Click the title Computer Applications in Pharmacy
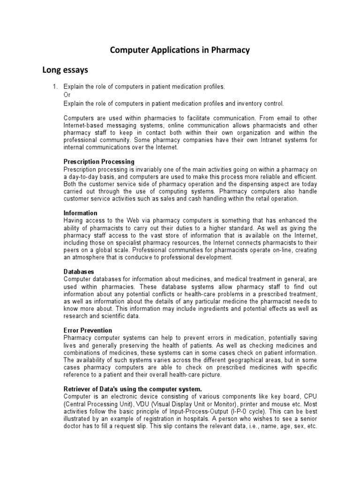click(180, 50)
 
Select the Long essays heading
click(65, 70)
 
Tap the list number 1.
click(54, 87)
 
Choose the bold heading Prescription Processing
click(99, 162)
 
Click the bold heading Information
click(80, 213)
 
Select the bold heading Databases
click(79, 271)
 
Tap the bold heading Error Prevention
click(88, 330)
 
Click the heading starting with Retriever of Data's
click(133, 389)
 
